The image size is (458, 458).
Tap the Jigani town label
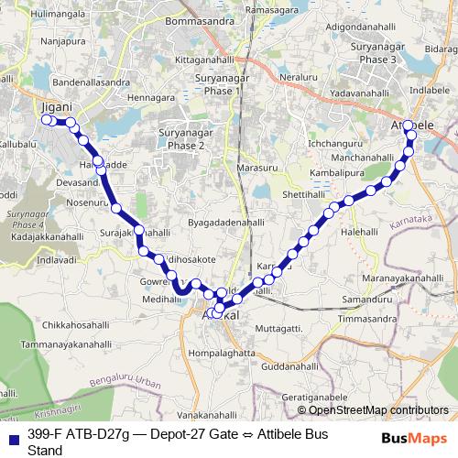point(58,107)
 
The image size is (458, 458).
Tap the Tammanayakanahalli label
point(58,343)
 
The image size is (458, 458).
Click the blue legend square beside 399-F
point(8,437)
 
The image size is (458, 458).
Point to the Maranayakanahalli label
point(402,278)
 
